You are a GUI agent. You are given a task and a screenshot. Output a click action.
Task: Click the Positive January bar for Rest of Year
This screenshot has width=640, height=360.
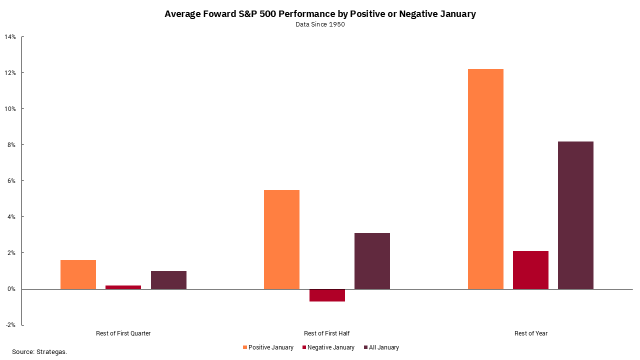pos(485,179)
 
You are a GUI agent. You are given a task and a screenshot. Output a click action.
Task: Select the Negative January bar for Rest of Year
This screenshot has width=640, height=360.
pos(530,270)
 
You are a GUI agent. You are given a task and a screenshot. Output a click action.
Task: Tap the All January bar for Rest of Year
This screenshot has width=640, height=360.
pos(575,215)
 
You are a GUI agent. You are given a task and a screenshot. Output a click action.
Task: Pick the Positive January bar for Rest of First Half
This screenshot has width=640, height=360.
pos(281,239)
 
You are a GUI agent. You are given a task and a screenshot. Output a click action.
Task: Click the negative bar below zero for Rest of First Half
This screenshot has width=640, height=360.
pos(327,295)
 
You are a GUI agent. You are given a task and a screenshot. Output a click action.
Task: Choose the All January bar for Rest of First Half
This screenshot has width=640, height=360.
pos(372,261)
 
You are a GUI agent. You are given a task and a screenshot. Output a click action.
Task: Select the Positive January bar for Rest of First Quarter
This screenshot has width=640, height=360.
pos(78,274)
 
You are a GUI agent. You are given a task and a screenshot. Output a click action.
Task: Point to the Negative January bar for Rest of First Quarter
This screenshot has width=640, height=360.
pos(123,287)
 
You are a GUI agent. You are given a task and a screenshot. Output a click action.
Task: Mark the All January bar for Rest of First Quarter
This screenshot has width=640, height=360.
pos(168,280)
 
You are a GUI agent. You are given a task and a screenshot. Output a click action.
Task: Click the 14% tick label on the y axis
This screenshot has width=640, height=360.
pos(10,37)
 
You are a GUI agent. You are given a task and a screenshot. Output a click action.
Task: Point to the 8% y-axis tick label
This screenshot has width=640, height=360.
pos(12,145)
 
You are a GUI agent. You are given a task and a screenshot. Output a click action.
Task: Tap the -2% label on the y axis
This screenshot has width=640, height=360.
pos(10,325)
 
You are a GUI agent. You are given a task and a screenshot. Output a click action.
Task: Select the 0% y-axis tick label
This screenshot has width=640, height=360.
pos(12,289)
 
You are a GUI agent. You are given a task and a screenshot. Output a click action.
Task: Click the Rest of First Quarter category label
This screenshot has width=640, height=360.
pos(123,333)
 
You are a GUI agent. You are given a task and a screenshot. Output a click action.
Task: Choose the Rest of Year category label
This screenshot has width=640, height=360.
pos(530,333)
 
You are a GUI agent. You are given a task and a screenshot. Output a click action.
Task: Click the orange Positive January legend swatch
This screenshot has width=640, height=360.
pos(245,347)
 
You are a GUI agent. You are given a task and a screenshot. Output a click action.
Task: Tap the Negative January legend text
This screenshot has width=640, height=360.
pos(330,347)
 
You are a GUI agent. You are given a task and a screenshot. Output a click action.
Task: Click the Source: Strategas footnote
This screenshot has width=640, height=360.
pos(39,352)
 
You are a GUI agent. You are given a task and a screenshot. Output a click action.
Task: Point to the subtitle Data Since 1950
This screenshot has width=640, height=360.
pos(320,24)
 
